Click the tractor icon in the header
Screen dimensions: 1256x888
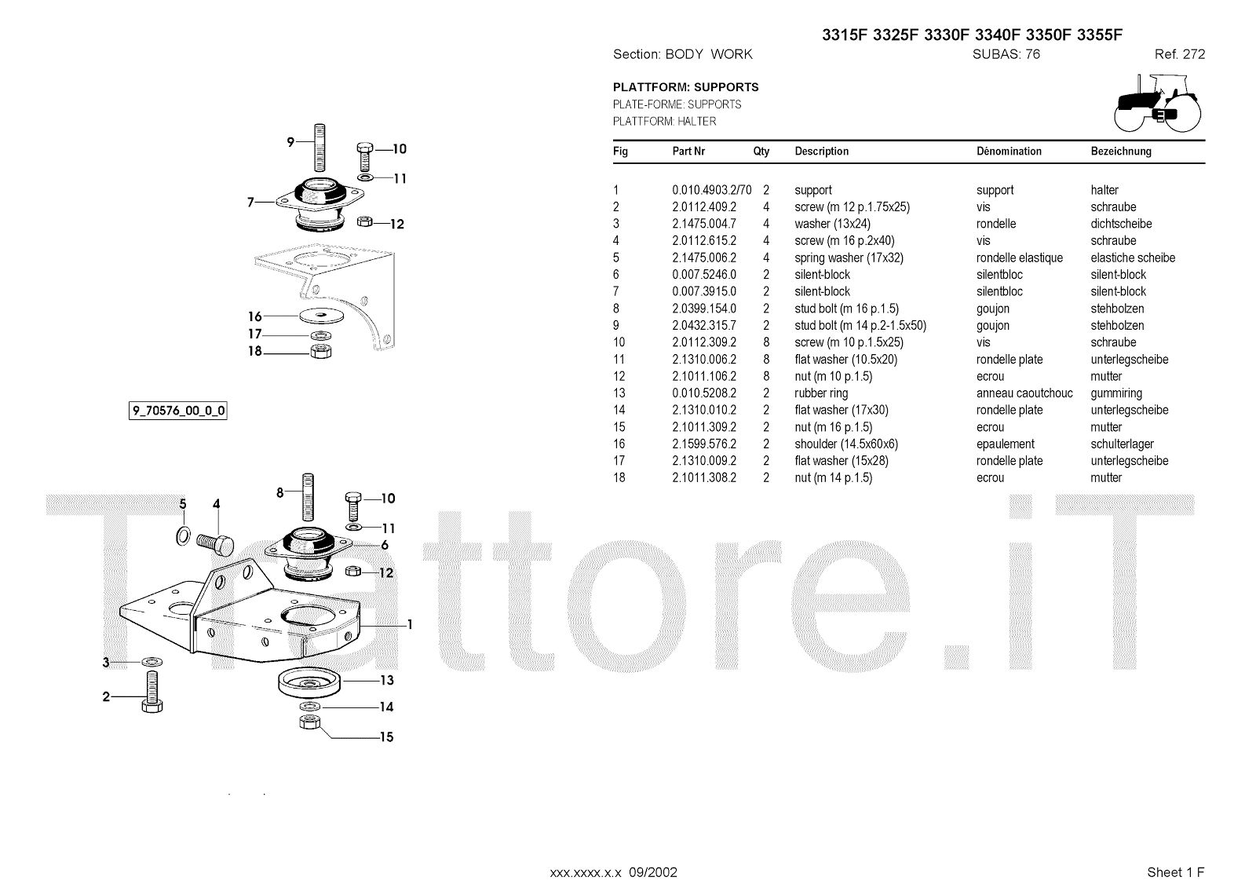click(x=1158, y=102)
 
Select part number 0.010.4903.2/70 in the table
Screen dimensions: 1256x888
click(x=711, y=190)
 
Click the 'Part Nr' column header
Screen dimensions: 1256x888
click(x=688, y=152)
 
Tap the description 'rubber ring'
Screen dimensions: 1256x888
click(x=821, y=393)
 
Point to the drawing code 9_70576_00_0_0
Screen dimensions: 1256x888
click(x=178, y=411)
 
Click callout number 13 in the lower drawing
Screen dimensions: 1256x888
click(x=386, y=681)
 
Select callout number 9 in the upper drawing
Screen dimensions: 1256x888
click(x=290, y=142)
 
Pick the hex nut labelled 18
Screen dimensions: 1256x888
click(x=319, y=351)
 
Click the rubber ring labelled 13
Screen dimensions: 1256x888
click(x=308, y=682)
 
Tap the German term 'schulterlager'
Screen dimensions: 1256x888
click(x=1122, y=444)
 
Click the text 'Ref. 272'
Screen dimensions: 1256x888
click(x=1179, y=54)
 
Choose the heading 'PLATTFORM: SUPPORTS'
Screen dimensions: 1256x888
click(x=685, y=87)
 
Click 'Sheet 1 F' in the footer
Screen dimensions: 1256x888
click(x=1175, y=872)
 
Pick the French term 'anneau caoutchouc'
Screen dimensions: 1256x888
click(x=1024, y=393)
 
